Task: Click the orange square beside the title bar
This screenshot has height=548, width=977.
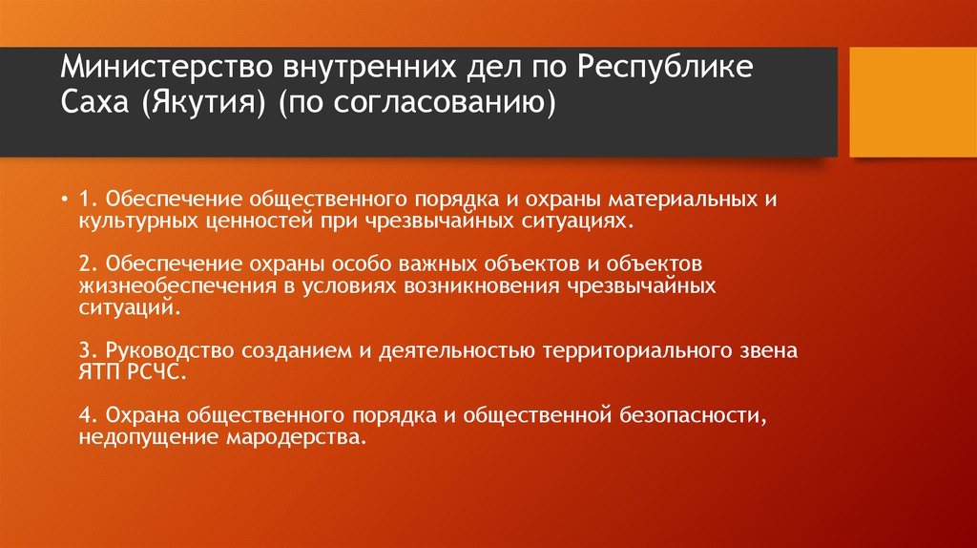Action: pos(912,102)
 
